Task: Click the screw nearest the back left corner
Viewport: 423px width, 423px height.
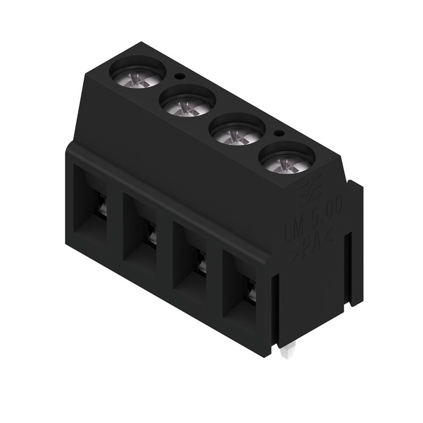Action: pyautogui.click(x=138, y=77)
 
